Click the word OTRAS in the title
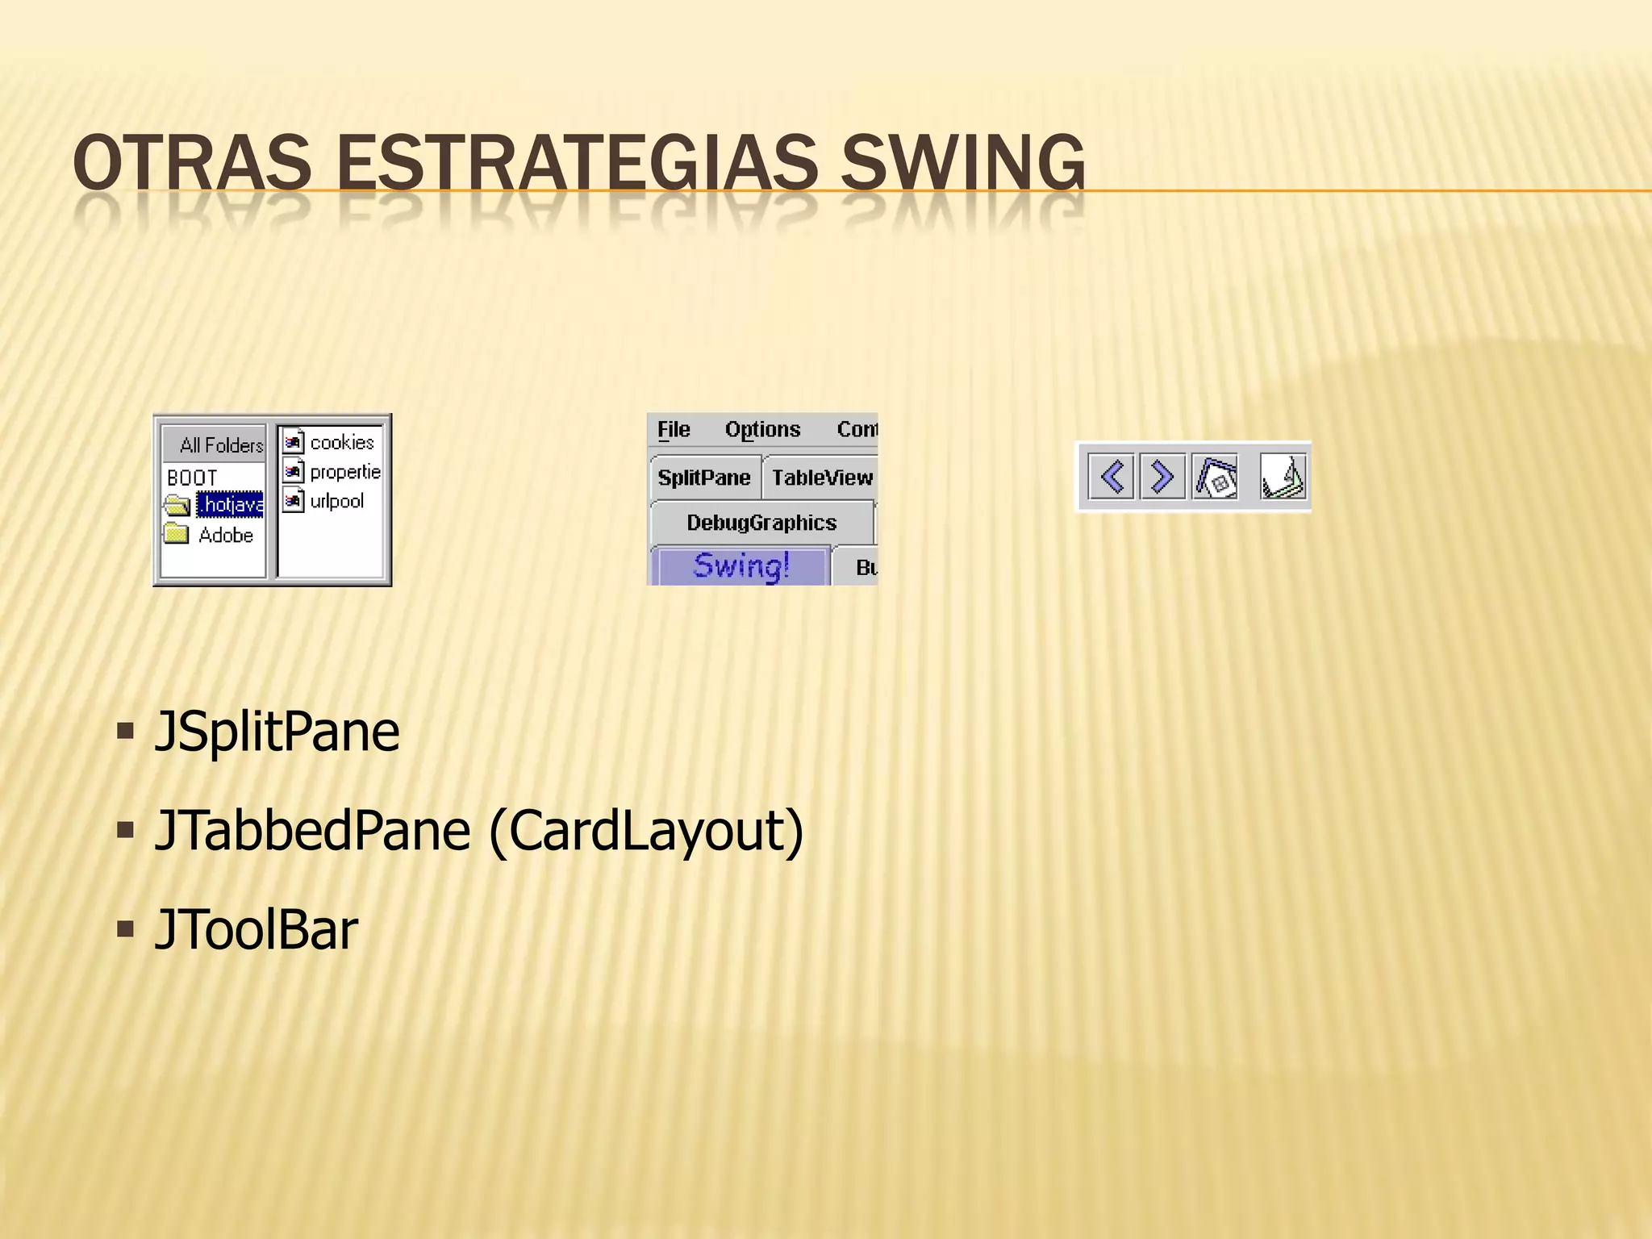tap(191, 164)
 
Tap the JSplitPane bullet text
tap(276, 732)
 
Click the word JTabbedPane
tap(312, 831)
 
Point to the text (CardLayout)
tap(646, 831)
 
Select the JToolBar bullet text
tap(256, 930)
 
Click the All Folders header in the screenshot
tap(220, 445)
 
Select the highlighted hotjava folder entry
tap(230, 505)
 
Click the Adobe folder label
tap(225, 536)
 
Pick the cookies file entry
tap(341, 443)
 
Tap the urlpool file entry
tap(336, 501)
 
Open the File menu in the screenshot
tap(674, 429)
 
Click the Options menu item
tap(762, 429)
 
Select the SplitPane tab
tap(703, 478)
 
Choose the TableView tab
tap(821, 478)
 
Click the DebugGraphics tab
tap(761, 523)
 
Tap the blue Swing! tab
tap(740, 565)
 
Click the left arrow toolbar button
tap(1112, 476)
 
